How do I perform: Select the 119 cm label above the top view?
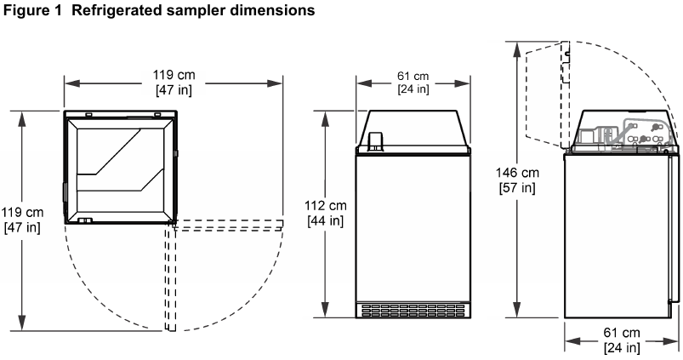(x=174, y=77)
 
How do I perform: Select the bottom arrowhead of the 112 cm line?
(x=327, y=311)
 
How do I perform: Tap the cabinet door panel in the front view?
(x=413, y=226)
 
